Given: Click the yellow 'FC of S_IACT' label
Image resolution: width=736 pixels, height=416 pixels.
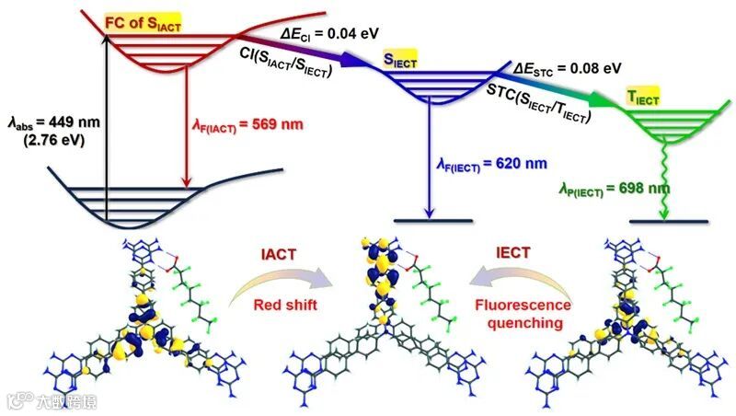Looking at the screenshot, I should click(x=143, y=25).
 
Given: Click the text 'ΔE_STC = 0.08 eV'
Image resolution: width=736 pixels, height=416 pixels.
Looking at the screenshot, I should click(x=567, y=67).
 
